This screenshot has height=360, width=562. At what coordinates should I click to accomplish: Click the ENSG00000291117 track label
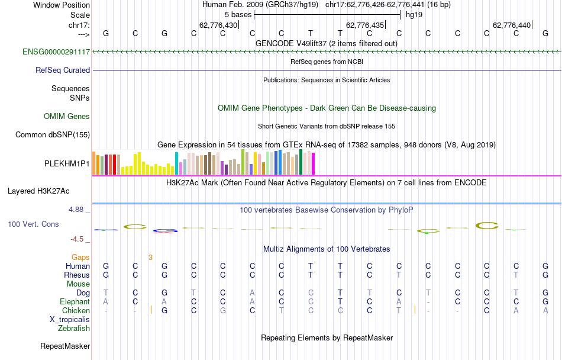click(56, 52)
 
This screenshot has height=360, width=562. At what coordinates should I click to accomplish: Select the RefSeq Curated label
click(63, 70)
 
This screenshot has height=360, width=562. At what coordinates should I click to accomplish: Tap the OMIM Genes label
click(67, 116)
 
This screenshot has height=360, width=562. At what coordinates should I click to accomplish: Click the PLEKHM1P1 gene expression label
click(67, 163)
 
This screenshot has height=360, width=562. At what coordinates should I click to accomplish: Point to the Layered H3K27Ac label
click(38, 191)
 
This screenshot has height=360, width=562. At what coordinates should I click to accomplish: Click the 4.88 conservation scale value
click(79, 210)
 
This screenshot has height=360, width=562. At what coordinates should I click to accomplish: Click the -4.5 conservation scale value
click(80, 239)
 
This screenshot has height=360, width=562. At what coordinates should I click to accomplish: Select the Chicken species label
click(76, 310)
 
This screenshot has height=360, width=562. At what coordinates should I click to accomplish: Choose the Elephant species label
click(75, 301)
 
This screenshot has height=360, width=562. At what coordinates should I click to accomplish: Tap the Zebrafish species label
click(74, 328)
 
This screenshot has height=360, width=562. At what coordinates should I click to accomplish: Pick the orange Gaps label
click(80, 257)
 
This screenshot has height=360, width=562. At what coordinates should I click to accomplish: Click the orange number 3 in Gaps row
click(150, 257)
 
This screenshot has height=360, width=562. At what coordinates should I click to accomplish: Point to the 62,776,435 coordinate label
click(365, 25)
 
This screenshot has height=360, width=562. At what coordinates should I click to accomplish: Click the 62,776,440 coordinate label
click(512, 25)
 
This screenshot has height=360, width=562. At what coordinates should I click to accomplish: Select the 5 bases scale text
click(238, 14)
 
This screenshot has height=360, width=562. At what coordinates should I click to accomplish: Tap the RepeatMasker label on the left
click(65, 346)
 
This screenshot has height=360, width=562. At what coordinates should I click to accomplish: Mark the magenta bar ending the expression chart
click(313, 163)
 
